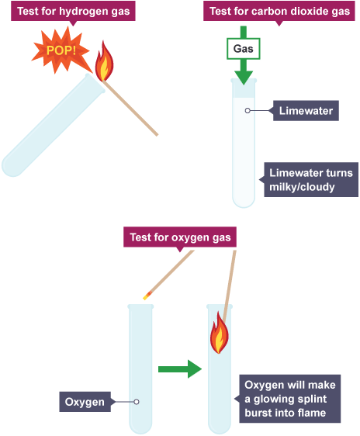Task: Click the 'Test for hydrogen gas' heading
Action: coord(73,12)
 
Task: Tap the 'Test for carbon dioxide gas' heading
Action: coord(279,12)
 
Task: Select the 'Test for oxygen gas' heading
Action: coord(180,237)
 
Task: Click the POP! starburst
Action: coord(61,50)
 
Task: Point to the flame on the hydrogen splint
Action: coord(104,62)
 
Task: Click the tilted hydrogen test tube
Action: coord(53,125)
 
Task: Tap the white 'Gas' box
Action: coord(244,49)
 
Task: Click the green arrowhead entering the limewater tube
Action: coord(244,78)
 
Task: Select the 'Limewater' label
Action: coord(306,111)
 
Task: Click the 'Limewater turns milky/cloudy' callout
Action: coord(311,180)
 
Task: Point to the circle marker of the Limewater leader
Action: coord(247,111)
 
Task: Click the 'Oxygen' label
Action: coord(85,402)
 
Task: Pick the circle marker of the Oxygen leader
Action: coord(137,402)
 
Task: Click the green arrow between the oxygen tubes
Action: coord(180,369)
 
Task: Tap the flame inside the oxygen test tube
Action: coord(219,333)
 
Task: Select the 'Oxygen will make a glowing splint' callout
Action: coord(290,399)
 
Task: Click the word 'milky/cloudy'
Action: coord(302,187)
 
